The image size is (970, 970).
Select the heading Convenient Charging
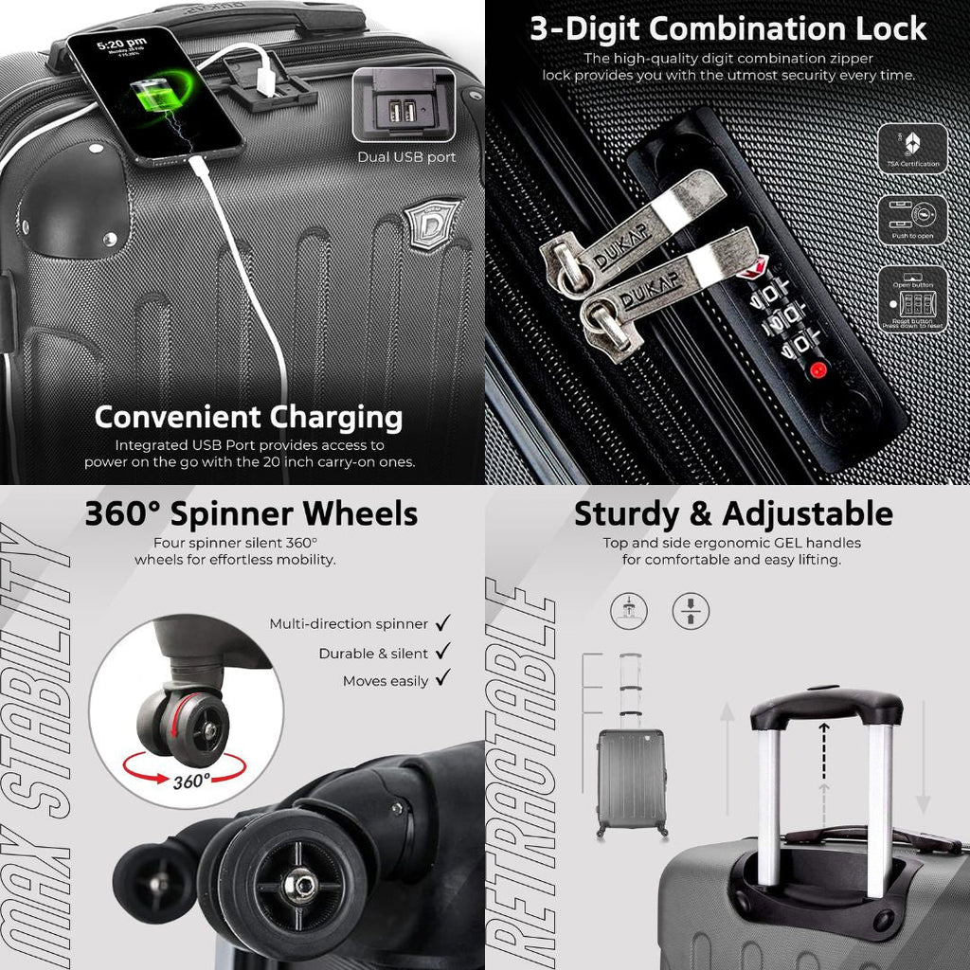pyautogui.click(x=248, y=417)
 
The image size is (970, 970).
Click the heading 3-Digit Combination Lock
pyautogui.click(x=727, y=28)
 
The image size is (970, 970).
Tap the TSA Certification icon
pyautogui.click(x=913, y=149)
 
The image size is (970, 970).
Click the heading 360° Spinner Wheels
pyautogui.click(x=251, y=513)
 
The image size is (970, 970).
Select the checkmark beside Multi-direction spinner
pyautogui.click(x=442, y=623)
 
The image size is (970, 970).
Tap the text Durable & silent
pyautogui.click(x=373, y=654)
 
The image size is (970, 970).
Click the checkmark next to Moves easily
pyautogui.click(x=442, y=678)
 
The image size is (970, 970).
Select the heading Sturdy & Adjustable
pyautogui.click(x=733, y=513)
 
